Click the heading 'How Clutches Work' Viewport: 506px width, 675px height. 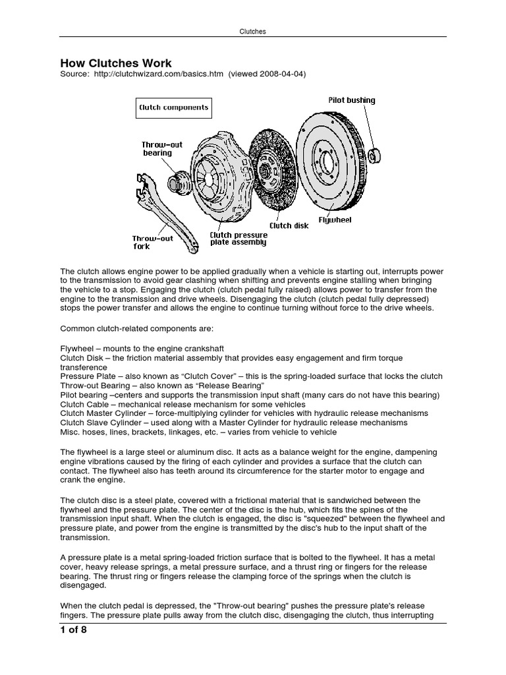[x=116, y=63]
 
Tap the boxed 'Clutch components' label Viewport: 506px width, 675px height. [x=173, y=107]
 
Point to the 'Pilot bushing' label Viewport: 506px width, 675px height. [x=352, y=100]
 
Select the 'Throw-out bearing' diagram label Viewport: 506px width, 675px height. [x=162, y=149]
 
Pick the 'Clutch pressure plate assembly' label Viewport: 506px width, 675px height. [x=238, y=239]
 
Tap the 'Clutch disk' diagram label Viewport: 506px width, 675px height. [x=289, y=225]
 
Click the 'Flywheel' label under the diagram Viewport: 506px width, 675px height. [x=336, y=219]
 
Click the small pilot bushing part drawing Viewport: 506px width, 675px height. [x=376, y=156]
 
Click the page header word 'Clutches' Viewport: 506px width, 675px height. [x=252, y=31]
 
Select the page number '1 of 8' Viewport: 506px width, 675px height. [x=74, y=630]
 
